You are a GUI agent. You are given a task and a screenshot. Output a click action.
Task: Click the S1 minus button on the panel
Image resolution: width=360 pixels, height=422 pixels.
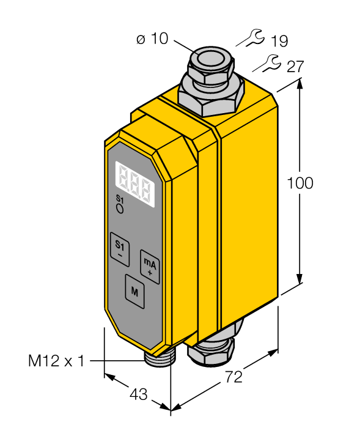pyautogui.click(x=120, y=248)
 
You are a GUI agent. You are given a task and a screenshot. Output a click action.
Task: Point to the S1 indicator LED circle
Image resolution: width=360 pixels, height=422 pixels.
pyautogui.click(x=120, y=209)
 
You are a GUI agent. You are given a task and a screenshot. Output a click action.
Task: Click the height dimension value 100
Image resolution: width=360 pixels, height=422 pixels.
pyautogui.click(x=300, y=183)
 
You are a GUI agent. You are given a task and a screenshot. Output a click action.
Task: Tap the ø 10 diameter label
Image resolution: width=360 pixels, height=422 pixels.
pyautogui.click(x=152, y=39)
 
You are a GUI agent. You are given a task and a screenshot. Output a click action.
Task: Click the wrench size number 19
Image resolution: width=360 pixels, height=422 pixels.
pyautogui.click(x=279, y=42)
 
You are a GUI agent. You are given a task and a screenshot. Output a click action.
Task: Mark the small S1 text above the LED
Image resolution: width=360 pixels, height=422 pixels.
pyautogui.click(x=119, y=199)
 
